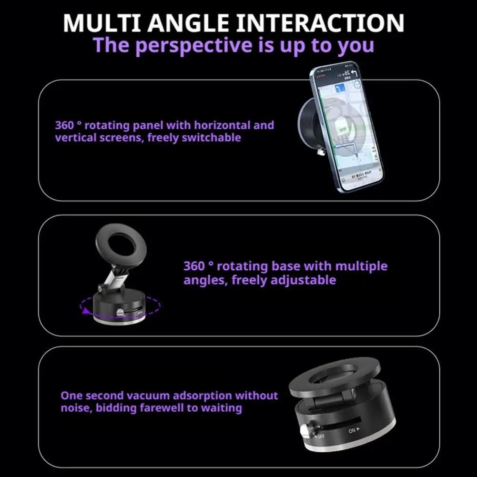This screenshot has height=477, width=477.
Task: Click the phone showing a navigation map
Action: (347, 128)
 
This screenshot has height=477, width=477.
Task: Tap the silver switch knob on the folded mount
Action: (305, 430)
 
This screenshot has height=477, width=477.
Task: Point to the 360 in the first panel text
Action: (64, 125)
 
